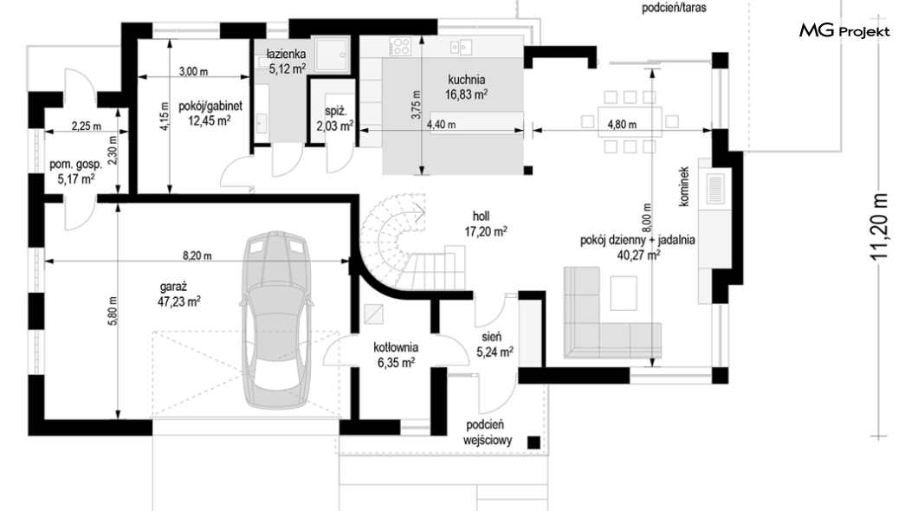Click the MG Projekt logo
click(844, 30)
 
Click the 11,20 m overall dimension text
click(879, 227)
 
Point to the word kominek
click(684, 186)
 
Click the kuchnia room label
click(467, 80)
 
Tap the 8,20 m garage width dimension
click(197, 255)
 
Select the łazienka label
click(287, 55)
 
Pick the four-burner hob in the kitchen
click(401, 46)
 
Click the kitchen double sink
click(462, 46)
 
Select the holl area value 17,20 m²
click(486, 232)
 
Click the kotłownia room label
click(396, 348)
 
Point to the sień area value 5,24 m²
click(495, 352)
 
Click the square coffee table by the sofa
click(624, 294)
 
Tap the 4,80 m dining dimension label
click(622, 125)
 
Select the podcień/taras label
click(674, 8)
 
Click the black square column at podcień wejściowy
click(533, 443)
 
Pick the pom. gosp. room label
click(75, 165)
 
